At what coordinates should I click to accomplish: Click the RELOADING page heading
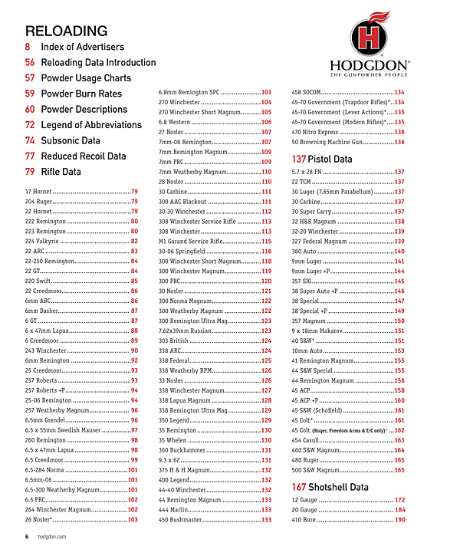tap(66, 31)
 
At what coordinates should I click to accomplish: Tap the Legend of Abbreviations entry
tap(91, 125)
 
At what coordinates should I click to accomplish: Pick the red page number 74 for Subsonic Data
tap(30, 141)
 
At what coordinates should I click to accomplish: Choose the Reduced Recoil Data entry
tap(84, 156)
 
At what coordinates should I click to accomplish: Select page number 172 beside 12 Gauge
tap(399, 500)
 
